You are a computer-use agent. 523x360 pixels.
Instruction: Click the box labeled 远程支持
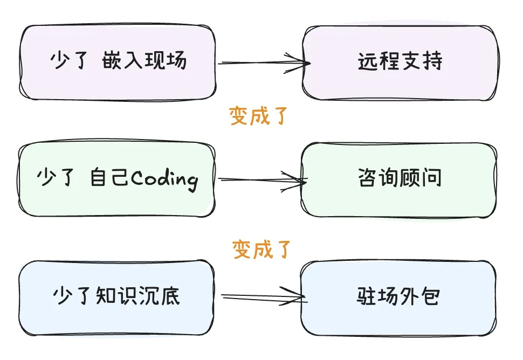click(400, 63)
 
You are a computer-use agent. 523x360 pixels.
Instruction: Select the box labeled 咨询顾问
click(399, 180)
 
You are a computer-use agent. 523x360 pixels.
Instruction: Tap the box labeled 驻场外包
click(398, 298)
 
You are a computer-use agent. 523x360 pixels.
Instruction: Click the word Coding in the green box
click(164, 179)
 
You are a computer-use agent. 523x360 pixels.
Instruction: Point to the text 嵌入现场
click(144, 60)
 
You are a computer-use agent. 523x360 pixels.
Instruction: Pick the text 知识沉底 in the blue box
click(138, 295)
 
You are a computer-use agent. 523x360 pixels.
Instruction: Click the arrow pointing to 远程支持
click(264, 63)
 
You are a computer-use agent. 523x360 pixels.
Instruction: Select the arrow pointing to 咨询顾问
click(263, 181)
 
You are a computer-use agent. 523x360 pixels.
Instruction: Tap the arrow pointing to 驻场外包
click(264, 296)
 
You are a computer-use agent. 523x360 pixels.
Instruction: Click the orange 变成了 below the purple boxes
click(258, 116)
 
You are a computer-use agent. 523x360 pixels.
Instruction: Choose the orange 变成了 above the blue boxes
click(261, 250)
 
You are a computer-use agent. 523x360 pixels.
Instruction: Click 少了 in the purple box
click(70, 60)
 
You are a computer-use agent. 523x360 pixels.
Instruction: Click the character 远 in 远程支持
click(368, 61)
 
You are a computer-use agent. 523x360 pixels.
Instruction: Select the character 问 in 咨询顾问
click(432, 178)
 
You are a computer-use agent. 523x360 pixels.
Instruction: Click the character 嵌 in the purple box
click(112, 60)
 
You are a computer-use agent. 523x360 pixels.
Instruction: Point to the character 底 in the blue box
click(170, 295)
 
